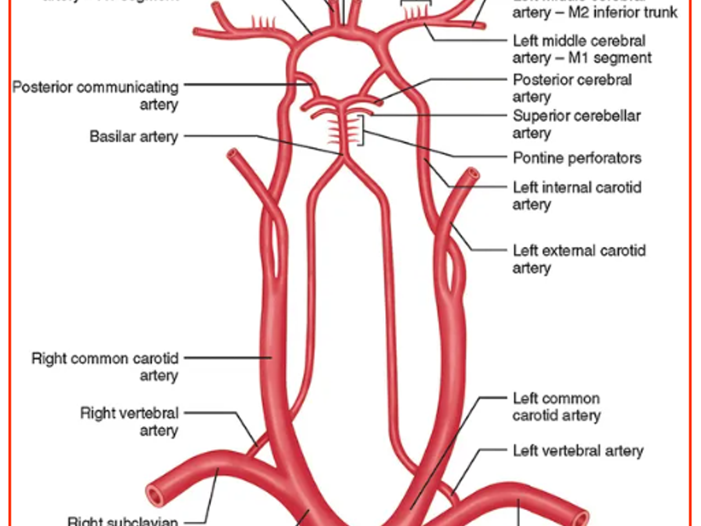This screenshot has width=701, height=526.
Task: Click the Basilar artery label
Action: point(134,136)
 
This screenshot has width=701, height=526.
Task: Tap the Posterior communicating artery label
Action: point(96,96)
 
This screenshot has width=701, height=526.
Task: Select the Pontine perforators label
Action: point(577,158)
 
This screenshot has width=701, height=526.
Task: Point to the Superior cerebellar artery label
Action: point(576,124)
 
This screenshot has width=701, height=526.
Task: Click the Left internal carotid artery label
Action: point(577,195)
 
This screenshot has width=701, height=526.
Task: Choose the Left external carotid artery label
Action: point(579,259)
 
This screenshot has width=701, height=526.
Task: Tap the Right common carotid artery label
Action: point(105,366)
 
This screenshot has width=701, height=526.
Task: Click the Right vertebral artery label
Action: point(129,421)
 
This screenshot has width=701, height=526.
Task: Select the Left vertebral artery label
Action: point(578,451)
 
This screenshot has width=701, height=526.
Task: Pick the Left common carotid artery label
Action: point(556,406)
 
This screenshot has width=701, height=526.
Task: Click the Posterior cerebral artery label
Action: point(572,88)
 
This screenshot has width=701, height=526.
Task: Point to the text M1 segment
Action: point(610,58)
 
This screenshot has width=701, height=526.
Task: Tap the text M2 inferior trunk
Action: point(623,12)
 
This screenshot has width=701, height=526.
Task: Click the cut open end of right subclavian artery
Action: point(154,496)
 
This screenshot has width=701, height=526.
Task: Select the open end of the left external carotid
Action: point(472,174)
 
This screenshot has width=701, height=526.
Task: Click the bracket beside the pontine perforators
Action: point(362,130)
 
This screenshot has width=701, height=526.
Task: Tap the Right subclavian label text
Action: point(123,521)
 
